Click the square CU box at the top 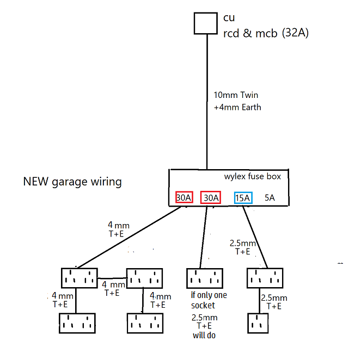click(206, 23)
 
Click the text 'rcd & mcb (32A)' click(266, 33)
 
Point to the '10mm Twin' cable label click(236, 96)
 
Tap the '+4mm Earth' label click(237, 107)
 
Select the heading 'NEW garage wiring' click(72, 182)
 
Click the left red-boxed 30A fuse click(183, 198)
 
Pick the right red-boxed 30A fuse click(210, 198)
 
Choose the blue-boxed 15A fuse click(243, 198)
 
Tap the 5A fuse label click(270, 198)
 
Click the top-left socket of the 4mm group click(79, 278)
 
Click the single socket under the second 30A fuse click(204, 278)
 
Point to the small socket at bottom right click(259, 323)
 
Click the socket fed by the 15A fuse click(265, 278)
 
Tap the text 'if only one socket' click(206, 300)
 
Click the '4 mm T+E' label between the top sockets click(113, 288)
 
